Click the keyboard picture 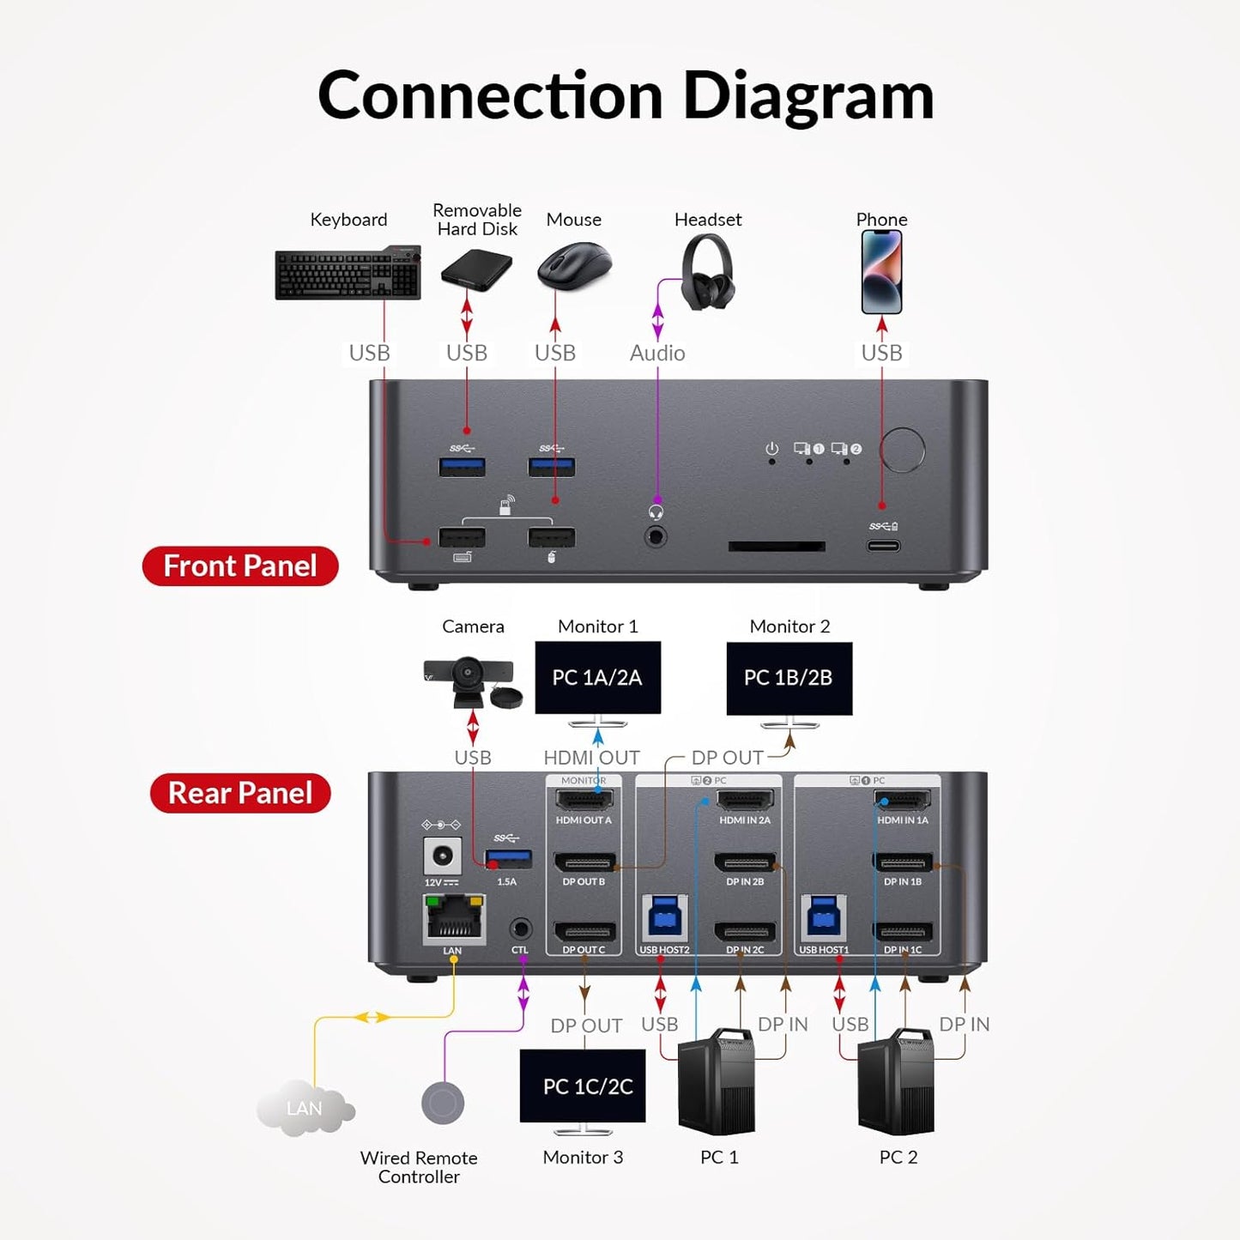coord(348,274)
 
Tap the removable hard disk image coord(476,270)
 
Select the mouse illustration coord(574,265)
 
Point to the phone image coord(881,272)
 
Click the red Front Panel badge coord(240,566)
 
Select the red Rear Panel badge coord(240,793)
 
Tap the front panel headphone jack coord(656,537)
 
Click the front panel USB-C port coord(883,546)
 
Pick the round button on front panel coord(903,450)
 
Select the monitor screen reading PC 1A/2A coord(598,678)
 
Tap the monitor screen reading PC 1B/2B coord(789,678)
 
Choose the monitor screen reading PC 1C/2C coord(583,1086)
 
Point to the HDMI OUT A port coord(584,801)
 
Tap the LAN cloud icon coord(305,1108)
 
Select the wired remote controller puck coord(443,1104)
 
